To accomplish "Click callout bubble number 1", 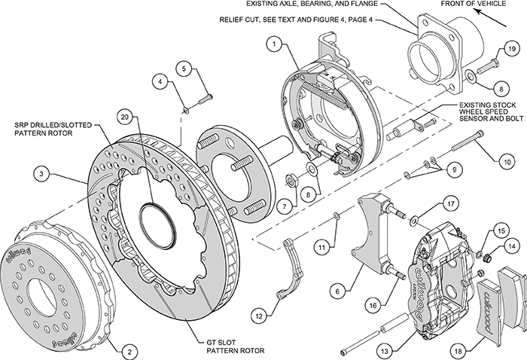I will (x=276, y=45).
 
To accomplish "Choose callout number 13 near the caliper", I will (x=387, y=349).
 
